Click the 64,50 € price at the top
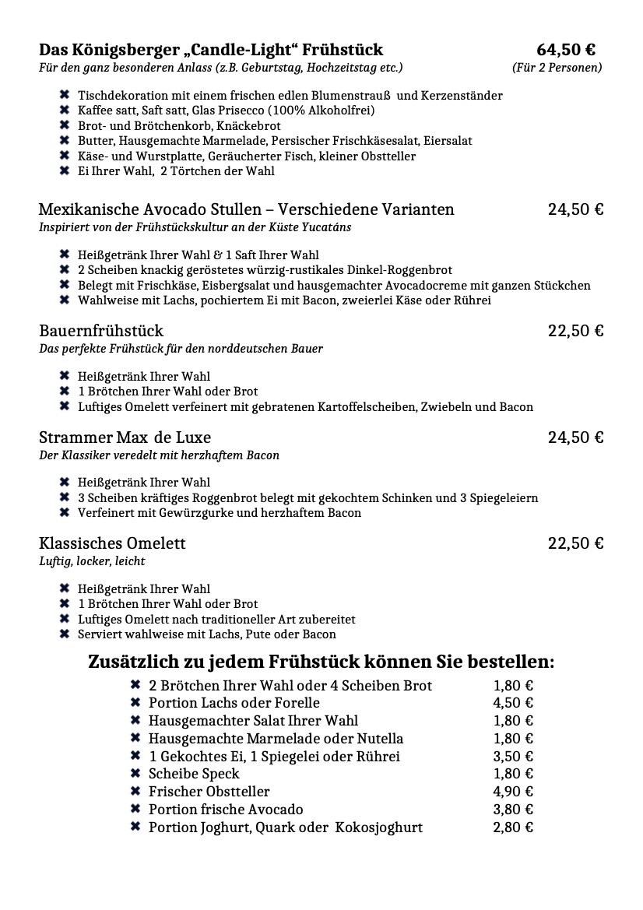click(566, 50)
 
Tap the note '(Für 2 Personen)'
click(557, 68)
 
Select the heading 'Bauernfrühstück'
click(101, 331)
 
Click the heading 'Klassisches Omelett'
click(112, 543)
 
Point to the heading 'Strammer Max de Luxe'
click(125, 437)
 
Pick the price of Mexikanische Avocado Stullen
click(575, 209)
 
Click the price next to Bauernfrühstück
click(575, 331)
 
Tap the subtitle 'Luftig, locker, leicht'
click(92, 561)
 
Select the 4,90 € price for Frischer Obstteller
click(513, 792)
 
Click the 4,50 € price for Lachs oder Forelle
click(513, 703)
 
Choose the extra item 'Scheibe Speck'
click(194, 774)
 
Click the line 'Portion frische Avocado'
click(226, 810)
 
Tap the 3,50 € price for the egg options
click(513, 756)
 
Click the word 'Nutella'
click(376, 738)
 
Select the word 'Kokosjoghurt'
click(379, 827)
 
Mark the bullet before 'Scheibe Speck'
click(135, 774)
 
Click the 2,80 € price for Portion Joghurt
click(513, 827)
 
